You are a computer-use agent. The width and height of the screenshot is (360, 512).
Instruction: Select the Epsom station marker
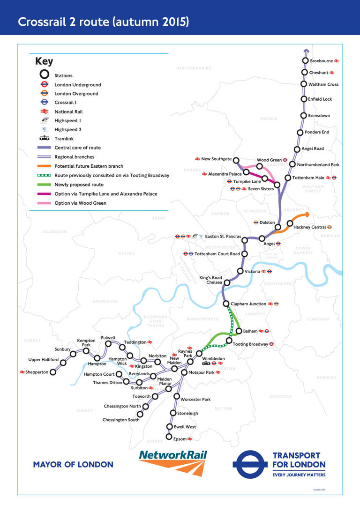click(x=169, y=437)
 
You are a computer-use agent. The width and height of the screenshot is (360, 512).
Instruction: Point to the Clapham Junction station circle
click(x=226, y=304)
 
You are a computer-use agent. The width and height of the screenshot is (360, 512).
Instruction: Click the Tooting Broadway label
click(x=251, y=344)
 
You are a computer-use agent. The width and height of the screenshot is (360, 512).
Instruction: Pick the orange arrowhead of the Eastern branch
click(x=307, y=214)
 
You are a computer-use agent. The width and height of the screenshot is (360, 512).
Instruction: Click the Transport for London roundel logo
click(x=250, y=464)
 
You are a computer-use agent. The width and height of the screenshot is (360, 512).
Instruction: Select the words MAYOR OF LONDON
click(x=73, y=465)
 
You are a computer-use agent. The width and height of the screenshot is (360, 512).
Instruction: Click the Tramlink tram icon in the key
click(x=44, y=139)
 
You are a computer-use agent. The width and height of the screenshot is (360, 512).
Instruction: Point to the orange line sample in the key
click(x=44, y=166)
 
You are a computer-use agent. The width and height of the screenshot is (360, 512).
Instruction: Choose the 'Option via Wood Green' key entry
click(x=80, y=203)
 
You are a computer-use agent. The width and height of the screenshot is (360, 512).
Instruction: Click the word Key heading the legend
click(x=44, y=62)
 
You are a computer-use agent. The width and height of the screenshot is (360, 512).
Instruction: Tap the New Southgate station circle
click(x=236, y=160)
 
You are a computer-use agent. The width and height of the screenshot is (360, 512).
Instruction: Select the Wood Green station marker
click(x=259, y=166)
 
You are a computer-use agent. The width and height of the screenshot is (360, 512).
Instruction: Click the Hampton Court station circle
click(x=119, y=374)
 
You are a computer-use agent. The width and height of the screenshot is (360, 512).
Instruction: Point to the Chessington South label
click(x=121, y=420)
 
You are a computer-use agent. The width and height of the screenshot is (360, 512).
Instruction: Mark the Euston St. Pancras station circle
click(x=244, y=240)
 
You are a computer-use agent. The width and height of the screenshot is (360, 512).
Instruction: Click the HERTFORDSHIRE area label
click(x=194, y=68)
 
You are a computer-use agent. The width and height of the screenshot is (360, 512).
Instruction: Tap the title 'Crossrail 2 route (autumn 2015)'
click(x=104, y=22)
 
